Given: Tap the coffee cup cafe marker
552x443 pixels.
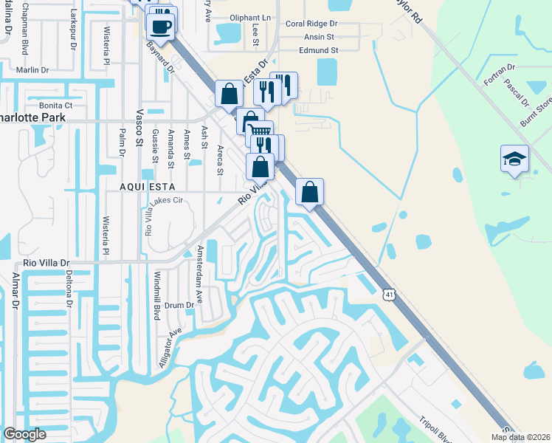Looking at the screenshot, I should point(160,27).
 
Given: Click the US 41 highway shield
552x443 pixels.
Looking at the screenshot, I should point(389,295).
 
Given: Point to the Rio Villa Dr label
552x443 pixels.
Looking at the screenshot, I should point(46,262).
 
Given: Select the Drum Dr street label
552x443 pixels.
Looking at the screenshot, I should point(179,305).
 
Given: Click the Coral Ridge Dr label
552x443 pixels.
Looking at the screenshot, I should point(311,24).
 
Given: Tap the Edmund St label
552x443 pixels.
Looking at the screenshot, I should point(318,50).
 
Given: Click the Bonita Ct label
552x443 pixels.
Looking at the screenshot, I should point(56,106).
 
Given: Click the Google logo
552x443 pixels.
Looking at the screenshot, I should point(24,434).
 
